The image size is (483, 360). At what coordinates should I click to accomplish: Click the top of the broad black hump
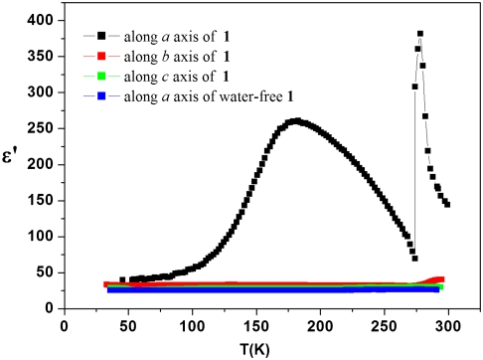tap(295, 121)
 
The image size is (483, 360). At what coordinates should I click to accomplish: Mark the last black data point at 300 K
tap(447, 204)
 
